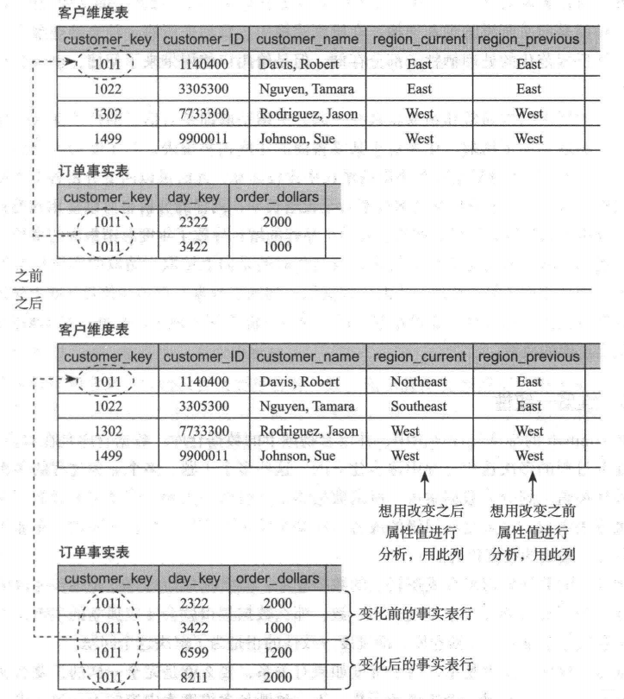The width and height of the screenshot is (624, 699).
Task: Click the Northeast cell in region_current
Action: pos(419,381)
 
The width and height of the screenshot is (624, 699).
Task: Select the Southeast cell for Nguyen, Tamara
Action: pos(419,406)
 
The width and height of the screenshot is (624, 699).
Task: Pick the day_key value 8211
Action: pos(194,678)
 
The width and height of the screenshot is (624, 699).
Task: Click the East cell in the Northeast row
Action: pos(529,381)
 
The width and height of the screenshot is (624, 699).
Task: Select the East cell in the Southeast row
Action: pos(529,406)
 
